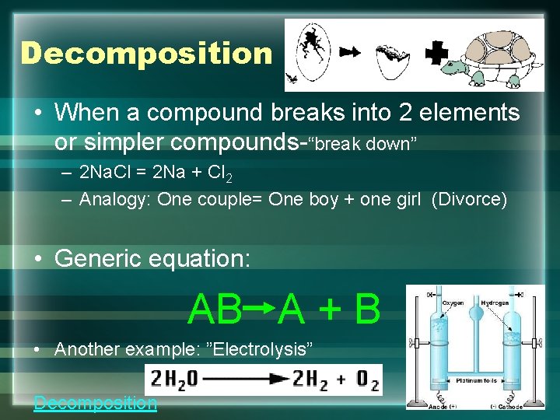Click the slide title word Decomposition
146,54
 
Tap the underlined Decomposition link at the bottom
95,402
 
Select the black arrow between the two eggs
351,52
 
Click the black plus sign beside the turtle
438,53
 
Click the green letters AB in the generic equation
215,310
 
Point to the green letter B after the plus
366,310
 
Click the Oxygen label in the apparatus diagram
454,304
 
